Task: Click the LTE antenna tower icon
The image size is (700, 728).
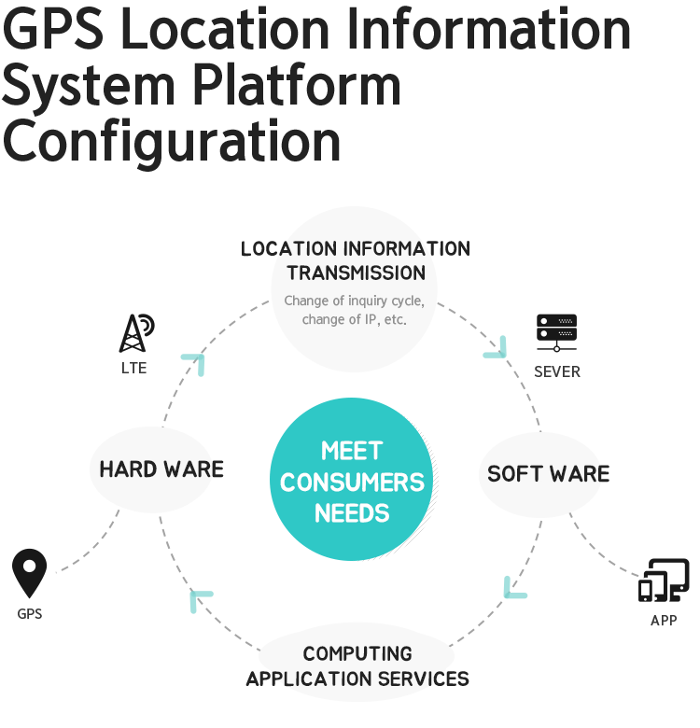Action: (x=136, y=333)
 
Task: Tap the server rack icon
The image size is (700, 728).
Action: (x=556, y=333)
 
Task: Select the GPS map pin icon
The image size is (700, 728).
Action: (x=29, y=573)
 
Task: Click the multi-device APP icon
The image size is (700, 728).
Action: (x=664, y=581)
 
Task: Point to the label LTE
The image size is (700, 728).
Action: (x=134, y=368)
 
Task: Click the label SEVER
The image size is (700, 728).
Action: (x=557, y=371)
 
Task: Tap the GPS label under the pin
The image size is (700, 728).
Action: (x=30, y=614)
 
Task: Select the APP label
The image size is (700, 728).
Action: (x=664, y=621)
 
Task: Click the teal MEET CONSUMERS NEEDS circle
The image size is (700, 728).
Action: (x=351, y=479)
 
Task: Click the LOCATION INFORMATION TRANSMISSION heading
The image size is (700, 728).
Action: (x=356, y=261)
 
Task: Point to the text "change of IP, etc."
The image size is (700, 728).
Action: (x=354, y=320)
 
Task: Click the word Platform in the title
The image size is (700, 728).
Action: (x=297, y=86)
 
